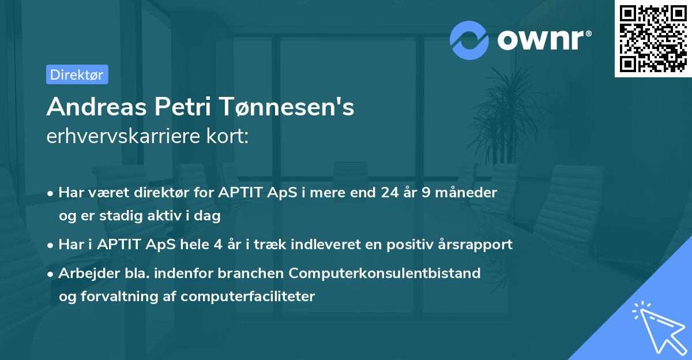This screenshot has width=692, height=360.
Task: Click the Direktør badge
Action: pyautogui.click(x=77, y=74)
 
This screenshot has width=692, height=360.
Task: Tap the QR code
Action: pyautogui.click(x=653, y=39)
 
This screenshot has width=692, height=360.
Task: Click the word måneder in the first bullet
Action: pyautogui.click(x=468, y=192)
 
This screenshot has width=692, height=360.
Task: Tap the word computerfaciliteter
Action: pyautogui.click(x=247, y=297)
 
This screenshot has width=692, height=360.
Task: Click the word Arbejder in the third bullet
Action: pyautogui.click(x=85, y=272)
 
